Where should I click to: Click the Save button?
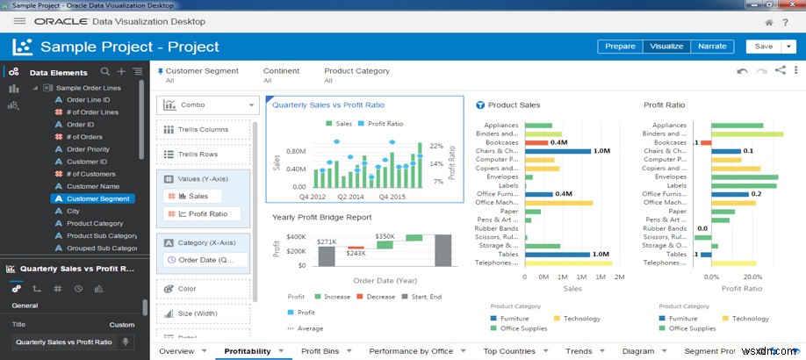763,47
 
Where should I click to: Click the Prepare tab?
620,47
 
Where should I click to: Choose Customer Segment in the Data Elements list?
97,199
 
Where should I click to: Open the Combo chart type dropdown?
208,104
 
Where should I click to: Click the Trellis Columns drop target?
204,130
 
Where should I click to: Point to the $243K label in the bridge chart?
355,253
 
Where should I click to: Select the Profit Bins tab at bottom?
320,351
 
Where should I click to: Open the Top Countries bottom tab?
508,351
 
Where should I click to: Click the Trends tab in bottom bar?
579,351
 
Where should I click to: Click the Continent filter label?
281,71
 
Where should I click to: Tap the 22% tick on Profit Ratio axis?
435,146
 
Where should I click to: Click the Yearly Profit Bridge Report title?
321,217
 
